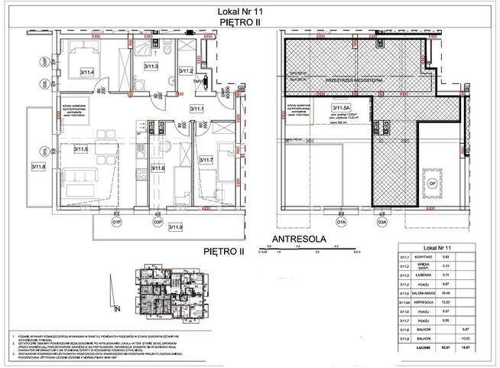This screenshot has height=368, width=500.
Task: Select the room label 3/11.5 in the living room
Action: pyautogui.click(x=81, y=150)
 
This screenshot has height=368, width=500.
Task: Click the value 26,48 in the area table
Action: pyautogui.click(x=446, y=291)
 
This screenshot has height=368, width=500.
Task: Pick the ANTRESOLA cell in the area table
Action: pyautogui.click(x=417, y=302)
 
